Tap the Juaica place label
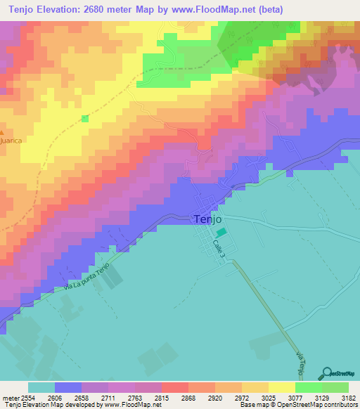pyautogui.click(x=11, y=141)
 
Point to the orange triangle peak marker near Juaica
pyautogui.click(x=2, y=133)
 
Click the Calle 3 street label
pyautogui.click(x=219, y=251)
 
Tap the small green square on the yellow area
pyautogui.click(x=85, y=118)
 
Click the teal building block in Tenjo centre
pyautogui.click(x=221, y=232)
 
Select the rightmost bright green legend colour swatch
pyautogui.click(x=335, y=387)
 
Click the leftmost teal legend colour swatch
pyautogui.click(x=41, y=387)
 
